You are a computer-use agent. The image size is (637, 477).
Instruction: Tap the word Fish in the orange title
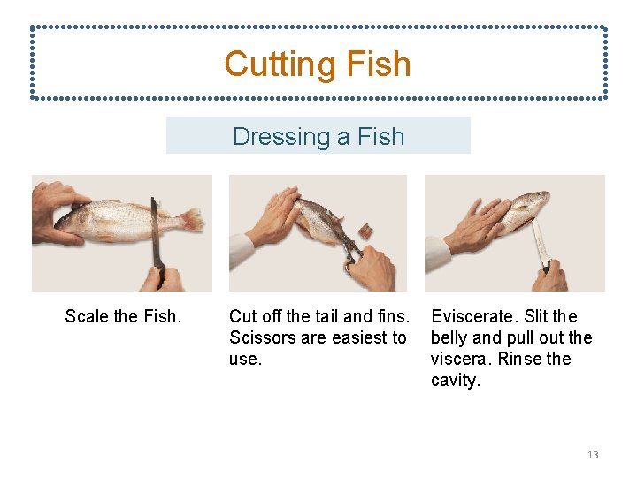click(x=378, y=64)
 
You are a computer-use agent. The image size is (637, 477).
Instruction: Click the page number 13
click(x=593, y=455)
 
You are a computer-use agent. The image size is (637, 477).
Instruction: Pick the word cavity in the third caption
click(x=455, y=380)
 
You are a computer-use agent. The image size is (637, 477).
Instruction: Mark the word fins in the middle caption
click(x=394, y=316)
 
